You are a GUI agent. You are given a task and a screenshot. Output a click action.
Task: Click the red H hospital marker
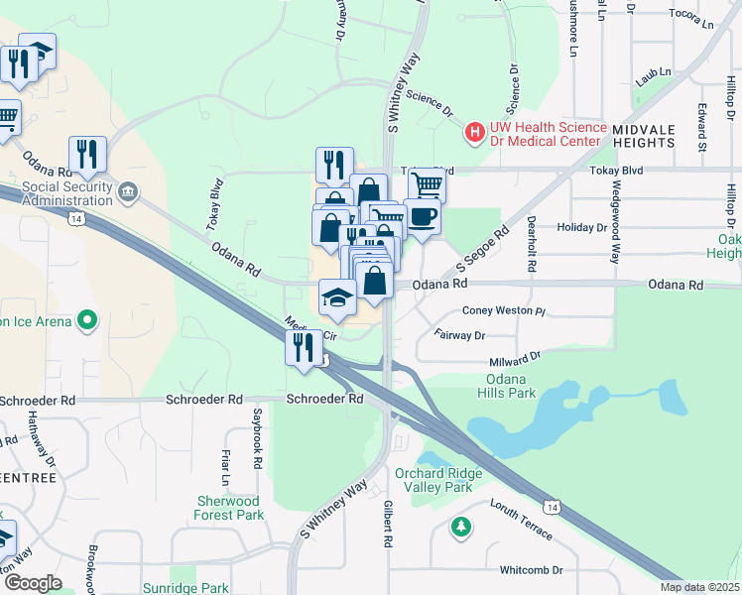475,131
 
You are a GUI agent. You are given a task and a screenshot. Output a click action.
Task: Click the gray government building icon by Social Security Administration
128,190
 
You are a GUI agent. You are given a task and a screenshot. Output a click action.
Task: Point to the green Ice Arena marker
87,320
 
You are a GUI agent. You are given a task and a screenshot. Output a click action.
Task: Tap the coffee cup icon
422,216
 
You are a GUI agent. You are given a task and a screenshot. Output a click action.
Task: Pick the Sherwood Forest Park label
229,508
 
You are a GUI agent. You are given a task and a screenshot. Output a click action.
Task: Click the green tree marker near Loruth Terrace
461,525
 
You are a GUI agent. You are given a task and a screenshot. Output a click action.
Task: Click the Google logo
34,582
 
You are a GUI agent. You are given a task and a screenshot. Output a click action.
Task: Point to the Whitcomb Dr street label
531,570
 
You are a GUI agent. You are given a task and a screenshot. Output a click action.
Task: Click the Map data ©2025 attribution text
698,587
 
